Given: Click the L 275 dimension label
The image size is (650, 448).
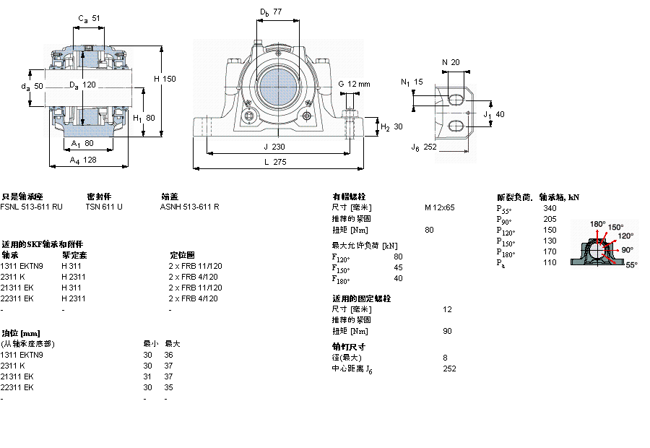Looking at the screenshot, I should click(273, 163).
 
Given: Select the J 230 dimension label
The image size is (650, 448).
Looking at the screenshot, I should click(273, 147).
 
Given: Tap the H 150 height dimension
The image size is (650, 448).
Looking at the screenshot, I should click(165, 79).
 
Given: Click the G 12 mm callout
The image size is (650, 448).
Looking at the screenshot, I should click(353, 84).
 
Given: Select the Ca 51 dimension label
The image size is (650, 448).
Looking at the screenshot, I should click(89, 18).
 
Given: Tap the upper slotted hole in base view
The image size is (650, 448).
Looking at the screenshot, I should click(456, 98).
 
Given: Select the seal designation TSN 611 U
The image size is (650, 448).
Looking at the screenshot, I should click(104, 207).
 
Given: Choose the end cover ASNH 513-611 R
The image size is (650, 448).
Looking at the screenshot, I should click(189, 207).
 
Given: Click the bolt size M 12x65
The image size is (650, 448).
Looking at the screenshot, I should click(439, 207).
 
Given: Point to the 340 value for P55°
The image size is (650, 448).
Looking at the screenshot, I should click(550, 208).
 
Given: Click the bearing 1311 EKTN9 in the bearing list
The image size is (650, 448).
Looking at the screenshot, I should click(22, 266).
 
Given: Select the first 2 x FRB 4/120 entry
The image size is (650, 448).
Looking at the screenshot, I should click(194, 277).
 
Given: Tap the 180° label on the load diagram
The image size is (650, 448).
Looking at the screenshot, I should click(597, 224).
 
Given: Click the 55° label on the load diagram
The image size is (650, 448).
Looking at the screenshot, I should click(630, 265).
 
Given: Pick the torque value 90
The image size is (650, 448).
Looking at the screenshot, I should click(446, 331).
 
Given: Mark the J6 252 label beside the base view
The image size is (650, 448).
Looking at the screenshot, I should click(424, 147).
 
